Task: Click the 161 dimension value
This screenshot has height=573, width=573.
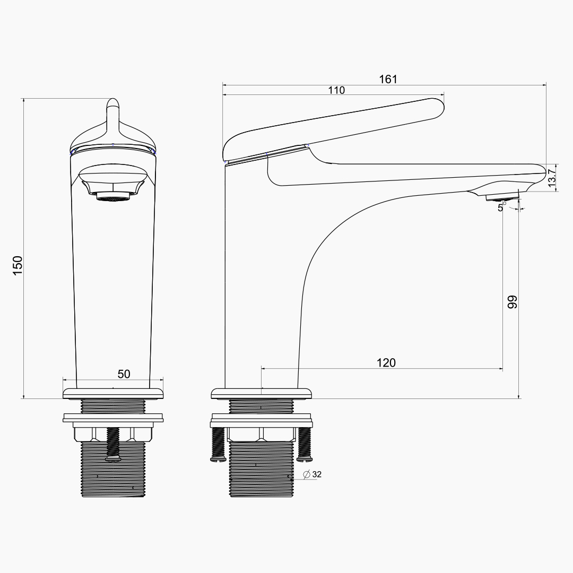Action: pyautogui.click(x=388, y=79)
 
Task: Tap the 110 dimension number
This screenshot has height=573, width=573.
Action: pyautogui.click(x=336, y=90)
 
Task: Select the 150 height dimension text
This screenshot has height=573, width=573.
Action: pyautogui.click(x=18, y=266)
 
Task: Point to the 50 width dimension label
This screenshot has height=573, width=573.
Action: pyautogui.click(x=124, y=374)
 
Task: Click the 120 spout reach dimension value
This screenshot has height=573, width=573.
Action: pyautogui.click(x=386, y=362)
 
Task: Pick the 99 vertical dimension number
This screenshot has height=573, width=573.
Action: pyautogui.click(x=513, y=302)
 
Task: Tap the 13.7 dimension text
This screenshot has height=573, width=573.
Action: pyautogui.click(x=552, y=176)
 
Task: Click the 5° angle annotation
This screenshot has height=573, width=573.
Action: pyautogui.click(x=502, y=207)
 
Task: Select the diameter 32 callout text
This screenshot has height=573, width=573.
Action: pyautogui.click(x=312, y=474)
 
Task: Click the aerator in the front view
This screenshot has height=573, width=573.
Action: pyautogui.click(x=113, y=197)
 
